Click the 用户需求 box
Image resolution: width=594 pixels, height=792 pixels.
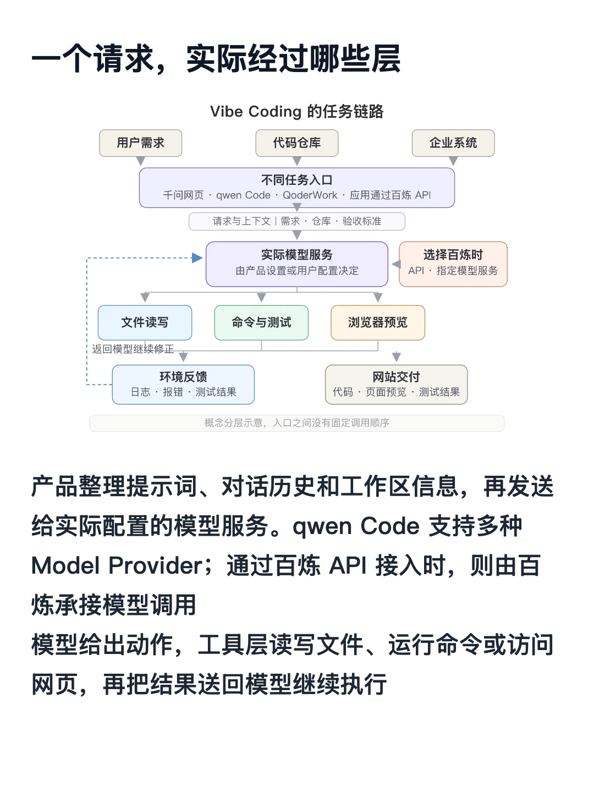click(x=140, y=143)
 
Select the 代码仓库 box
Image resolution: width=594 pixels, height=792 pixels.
click(x=297, y=143)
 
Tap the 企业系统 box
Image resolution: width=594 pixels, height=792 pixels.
click(x=453, y=143)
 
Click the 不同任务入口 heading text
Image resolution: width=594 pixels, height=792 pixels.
click(x=297, y=180)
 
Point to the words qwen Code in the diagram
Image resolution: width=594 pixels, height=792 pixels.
click(x=243, y=195)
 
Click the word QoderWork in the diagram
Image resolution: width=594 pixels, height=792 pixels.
click(x=310, y=195)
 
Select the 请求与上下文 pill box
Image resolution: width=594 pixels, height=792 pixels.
click(x=297, y=221)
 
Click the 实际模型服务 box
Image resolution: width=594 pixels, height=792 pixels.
click(x=297, y=264)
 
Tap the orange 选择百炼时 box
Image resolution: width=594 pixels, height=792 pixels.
click(x=453, y=264)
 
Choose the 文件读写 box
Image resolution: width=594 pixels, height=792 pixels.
click(x=145, y=322)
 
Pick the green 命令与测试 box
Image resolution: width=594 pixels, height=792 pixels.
click(x=261, y=322)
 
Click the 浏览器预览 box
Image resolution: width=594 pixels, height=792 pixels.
click(x=378, y=322)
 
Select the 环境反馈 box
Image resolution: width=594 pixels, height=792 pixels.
click(x=183, y=384)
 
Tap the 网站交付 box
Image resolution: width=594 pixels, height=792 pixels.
click(x=396, y=384)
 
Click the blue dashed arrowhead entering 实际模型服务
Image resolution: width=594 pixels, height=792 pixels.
click(x=197, y=258)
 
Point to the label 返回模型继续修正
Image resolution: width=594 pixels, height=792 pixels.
click(x=133, y=349)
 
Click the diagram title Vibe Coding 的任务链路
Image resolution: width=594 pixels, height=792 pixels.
click(x=297, y=112)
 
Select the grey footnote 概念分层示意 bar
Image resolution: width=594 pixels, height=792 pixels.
click(x=297, y=423)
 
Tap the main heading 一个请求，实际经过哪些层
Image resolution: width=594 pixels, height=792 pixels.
click(x=216, y=58)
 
